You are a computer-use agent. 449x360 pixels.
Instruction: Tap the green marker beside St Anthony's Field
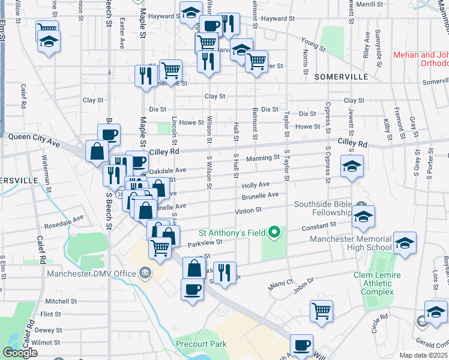point(275,232)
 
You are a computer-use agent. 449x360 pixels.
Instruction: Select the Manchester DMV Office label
point(91,274)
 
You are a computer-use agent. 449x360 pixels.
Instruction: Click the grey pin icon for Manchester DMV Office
point(145,274)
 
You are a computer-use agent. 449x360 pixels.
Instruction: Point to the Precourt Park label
point(202,344)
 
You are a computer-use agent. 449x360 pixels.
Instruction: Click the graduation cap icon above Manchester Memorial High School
point(405,243)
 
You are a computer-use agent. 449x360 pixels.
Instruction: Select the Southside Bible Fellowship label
point(322,208)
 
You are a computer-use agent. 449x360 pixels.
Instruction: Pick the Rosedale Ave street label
point(64,222)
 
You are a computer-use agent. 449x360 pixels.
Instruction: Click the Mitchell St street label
point(56,301)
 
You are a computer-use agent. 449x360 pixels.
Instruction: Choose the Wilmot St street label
point(46,342)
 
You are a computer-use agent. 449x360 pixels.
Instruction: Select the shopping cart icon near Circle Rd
point(322,310)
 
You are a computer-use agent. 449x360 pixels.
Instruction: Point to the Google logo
point(19,353)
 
